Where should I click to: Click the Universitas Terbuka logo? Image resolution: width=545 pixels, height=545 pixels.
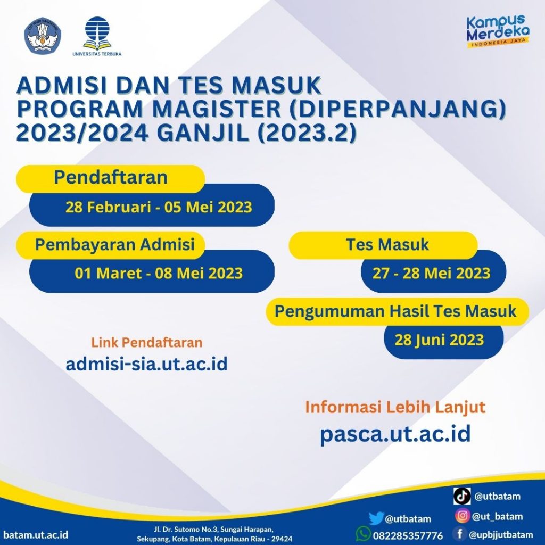[97, 34]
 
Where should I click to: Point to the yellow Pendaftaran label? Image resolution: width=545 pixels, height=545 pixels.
[111, 178]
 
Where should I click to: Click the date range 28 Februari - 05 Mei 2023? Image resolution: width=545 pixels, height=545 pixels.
[159, 207]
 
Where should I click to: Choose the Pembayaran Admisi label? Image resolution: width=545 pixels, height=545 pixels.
[114, 244]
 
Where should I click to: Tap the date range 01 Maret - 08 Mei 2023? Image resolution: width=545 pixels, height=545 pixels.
[159, 274]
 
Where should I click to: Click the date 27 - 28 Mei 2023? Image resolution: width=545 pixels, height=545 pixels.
[431, 274]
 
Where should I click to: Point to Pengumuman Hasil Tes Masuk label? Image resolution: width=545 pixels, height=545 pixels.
[395, 311]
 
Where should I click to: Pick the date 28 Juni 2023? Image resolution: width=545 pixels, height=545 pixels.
[439, 340]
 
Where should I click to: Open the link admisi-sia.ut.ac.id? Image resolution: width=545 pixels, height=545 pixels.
[146, 364]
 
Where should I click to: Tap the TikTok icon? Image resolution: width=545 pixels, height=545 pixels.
[462, 496]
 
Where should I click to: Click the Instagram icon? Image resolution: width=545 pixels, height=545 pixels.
[462, 516]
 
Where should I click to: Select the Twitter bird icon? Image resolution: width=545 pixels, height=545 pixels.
[376, 518]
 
